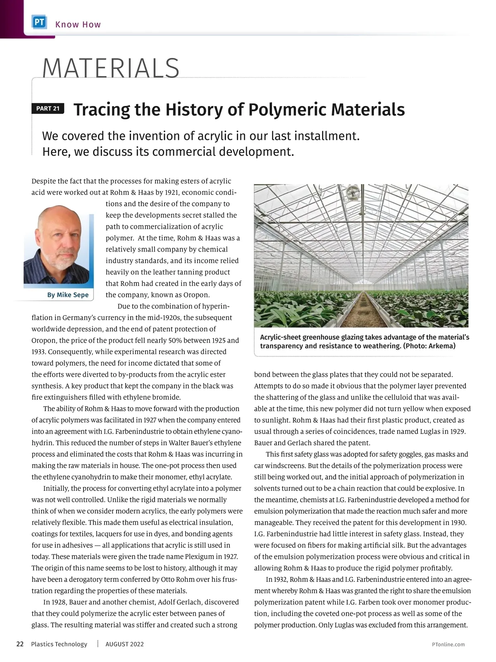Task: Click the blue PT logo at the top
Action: click(x=40, y=22)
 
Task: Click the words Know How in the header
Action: click(x=78, y=24)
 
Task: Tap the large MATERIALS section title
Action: click(x=111, y=68)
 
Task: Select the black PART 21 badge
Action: click(x=48, y=109)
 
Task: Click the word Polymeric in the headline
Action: click(x=287, y=110)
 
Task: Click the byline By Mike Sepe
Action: click(x=68, y=295)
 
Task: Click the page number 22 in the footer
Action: click(x=20, y=644)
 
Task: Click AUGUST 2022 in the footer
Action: click(x=124, y=644)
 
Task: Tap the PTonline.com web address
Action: click(x=448, y=645)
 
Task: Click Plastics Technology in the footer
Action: click(x=59, y=644)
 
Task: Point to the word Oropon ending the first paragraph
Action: click(x=196, y=295)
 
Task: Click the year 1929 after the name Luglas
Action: click(x=457, y=432)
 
